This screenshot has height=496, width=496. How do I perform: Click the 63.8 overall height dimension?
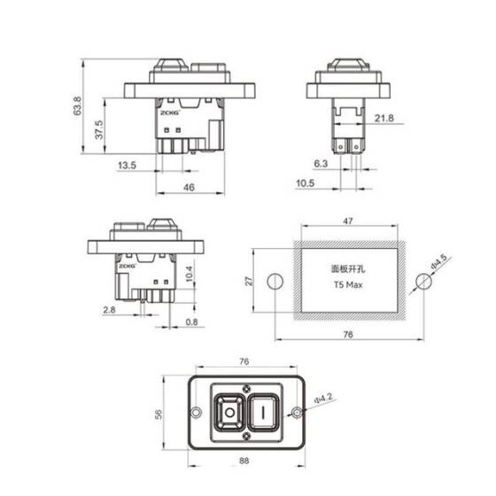click(x=77, y=108)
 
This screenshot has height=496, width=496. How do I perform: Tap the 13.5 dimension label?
click(x=127, y=165)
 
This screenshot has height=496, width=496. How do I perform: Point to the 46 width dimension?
click(x=189, y=188)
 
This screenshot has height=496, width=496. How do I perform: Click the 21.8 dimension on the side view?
click(x=384, y=118)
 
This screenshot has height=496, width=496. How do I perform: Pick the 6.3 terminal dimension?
click(x=321, y=165)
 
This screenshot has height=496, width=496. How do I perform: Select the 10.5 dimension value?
click(x=306, y=183)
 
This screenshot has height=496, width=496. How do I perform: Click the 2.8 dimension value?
click(x=109, y=310)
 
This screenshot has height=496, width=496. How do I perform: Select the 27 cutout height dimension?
click(x=250, y=281)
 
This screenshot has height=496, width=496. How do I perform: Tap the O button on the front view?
click(x=229, y=412)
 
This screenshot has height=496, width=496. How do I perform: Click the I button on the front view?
click(x=263, y=412)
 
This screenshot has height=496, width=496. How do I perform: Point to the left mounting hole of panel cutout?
click(x=275, y=282)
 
